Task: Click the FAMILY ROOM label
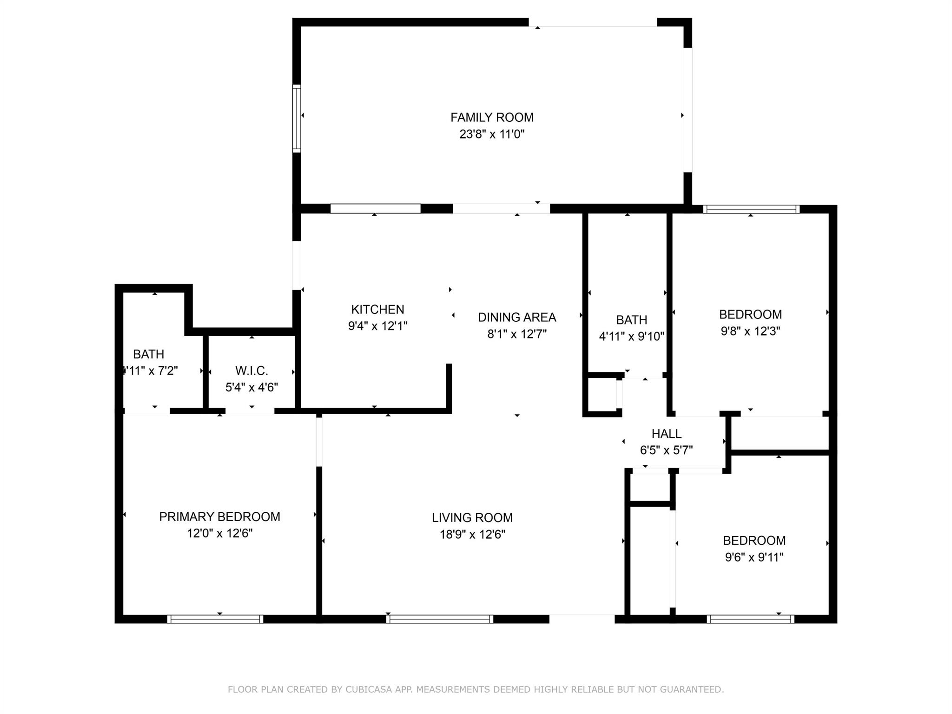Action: coord(492,118)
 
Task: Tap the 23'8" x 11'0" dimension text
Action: coord(492,134)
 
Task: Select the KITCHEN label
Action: coord(377,310)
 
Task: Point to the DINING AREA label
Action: coord(517,317)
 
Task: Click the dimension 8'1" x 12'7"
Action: coord(517,334)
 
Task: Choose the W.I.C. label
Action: coord(251,371)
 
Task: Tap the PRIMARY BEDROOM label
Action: coord(219,517)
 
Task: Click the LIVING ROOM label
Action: coord(472,518)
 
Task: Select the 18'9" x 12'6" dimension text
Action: coord(472,535)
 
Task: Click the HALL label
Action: coord(667,434)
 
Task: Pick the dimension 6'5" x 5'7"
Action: coord(667,450)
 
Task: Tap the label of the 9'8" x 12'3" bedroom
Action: coord(750,315)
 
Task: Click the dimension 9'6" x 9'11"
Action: coord(754,557)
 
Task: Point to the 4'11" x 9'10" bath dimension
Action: coord(631,337)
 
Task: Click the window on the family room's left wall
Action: coord(296,119)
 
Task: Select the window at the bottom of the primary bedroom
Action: coord(215,619)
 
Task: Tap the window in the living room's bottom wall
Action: coord(439,619)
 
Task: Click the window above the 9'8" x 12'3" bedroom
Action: coord(751,209)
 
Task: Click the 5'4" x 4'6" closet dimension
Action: coord(251,388)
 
